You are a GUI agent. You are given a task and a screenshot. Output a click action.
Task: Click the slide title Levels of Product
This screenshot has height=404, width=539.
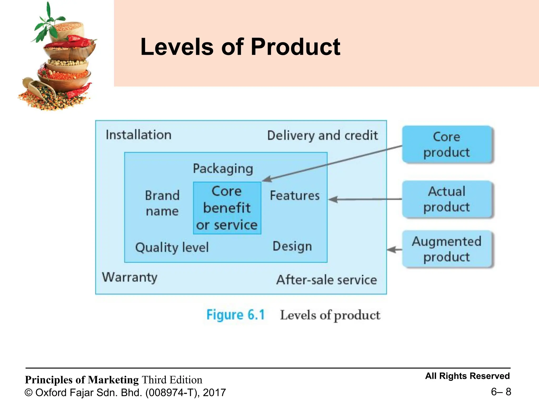click(240, 47)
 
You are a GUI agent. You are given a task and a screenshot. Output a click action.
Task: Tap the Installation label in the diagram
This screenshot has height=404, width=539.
click(138, 135)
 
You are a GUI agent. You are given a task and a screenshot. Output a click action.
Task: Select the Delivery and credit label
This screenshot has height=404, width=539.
click(322, 136)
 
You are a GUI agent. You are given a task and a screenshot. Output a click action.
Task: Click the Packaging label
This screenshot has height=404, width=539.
click(223, 169)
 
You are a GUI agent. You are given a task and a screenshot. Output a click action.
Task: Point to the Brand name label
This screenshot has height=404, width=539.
click(162, 203)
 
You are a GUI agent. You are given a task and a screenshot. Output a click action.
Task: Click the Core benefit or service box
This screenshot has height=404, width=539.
click(227, 208)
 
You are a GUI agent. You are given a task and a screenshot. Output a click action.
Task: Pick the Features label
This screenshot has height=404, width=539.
click(295, 196)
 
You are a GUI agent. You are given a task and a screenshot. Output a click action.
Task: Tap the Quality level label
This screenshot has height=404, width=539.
click(172, 248)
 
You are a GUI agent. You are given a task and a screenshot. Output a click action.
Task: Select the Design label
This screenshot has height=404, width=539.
click(292, 246)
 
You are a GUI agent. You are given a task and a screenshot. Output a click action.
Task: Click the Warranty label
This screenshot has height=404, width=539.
click(130, 277)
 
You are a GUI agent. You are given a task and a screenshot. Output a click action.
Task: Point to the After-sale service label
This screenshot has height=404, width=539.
click(326, 280)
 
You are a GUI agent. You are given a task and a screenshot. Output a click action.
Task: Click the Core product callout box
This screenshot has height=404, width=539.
click(447, 144)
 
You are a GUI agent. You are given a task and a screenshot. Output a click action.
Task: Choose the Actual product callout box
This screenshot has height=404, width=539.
click(447, 199)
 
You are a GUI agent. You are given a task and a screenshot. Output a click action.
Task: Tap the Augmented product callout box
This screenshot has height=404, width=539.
click(447, 249)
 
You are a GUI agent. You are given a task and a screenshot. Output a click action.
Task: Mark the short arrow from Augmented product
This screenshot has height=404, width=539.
click(394, 249)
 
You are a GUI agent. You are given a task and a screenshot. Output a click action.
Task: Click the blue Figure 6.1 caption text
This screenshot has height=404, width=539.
click(236, 315)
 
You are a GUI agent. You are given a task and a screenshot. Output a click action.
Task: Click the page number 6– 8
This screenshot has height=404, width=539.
click(501, 392)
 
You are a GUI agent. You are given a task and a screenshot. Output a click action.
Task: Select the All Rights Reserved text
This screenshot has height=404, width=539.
click(467, 376)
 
